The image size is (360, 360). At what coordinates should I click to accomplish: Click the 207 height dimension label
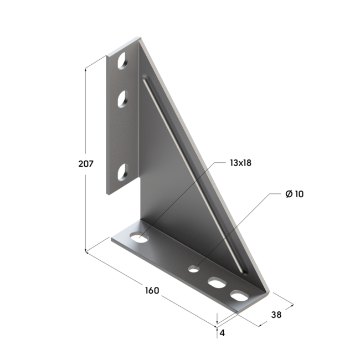(x=86, y=164)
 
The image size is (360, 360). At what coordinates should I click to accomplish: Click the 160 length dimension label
(x=152, y=290)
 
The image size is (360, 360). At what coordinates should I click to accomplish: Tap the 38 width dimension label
(x=276, y=315)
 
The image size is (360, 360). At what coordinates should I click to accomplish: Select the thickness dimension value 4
(x=222, y=333)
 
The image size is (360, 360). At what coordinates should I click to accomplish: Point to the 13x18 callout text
(x=240, y=163)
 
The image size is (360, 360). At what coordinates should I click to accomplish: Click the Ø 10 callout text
(x=294, y=194)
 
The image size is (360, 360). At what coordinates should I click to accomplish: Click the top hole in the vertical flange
(x=122, y=61)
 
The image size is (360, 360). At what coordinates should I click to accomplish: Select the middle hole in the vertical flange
(x=122, y=99)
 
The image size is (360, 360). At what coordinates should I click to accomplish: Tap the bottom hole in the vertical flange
(x=122, y=172)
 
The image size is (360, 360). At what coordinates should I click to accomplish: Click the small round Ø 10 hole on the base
(x=194, y=269)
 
